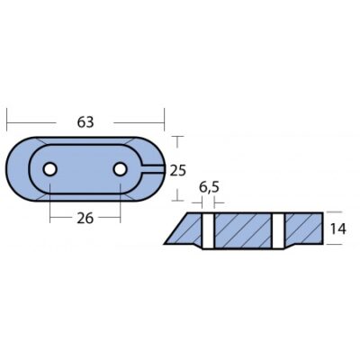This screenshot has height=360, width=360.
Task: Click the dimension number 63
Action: click(x=85, y=122)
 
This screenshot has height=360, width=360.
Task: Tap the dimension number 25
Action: click(x=178, y=171)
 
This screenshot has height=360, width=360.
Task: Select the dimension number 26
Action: click(x=85, y=219)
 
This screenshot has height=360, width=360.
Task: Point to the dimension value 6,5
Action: click(x=209, y=187)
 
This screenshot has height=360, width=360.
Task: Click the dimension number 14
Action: click(x=337, y=229)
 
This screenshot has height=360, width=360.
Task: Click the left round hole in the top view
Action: click(x=49, y=169)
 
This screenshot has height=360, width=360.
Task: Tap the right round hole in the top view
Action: click(x=120, y=169)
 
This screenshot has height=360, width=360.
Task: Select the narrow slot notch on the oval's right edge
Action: click(x=152, y=169)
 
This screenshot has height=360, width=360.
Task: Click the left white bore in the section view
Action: click(x=208, y=231)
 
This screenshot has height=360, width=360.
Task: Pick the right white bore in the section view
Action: click(x=278, y=231)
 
